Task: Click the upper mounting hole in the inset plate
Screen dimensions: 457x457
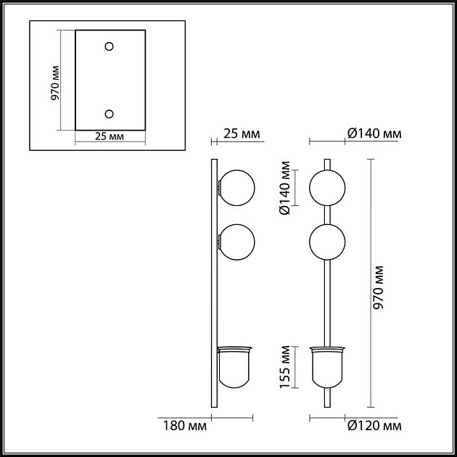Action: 110,46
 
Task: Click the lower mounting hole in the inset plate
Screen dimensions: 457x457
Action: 110,113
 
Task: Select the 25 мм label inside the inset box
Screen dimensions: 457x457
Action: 110,136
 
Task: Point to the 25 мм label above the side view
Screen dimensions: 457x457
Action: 241,133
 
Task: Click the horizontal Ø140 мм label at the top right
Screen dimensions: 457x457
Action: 374,133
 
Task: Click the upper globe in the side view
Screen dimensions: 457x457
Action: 236,187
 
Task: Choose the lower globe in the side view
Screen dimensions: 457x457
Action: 236,242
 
